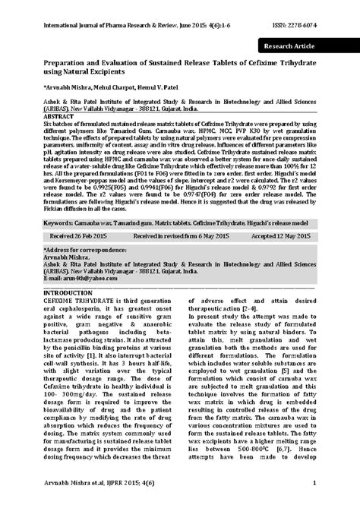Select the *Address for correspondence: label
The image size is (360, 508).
(x=85, y=249)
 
